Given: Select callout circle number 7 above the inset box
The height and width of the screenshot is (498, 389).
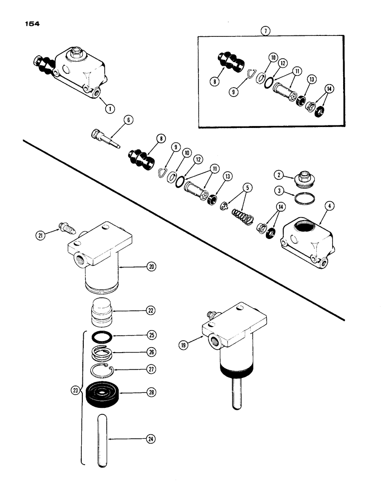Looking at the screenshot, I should (x=265, y=30).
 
